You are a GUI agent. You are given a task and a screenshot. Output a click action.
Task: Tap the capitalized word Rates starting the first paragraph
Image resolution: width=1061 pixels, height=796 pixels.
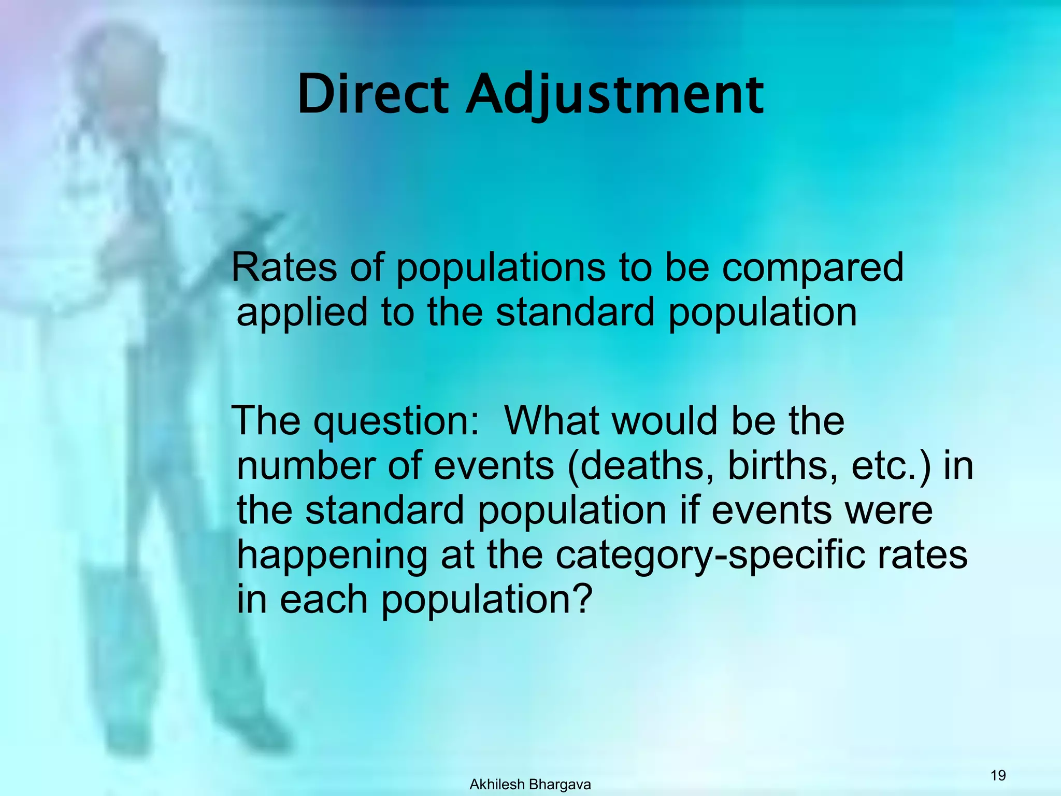point(284,267)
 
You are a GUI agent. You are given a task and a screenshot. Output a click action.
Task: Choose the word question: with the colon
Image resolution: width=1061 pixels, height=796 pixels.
point(396,422)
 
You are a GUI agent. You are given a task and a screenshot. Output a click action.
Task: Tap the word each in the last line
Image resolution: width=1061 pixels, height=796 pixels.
point(324,599)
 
